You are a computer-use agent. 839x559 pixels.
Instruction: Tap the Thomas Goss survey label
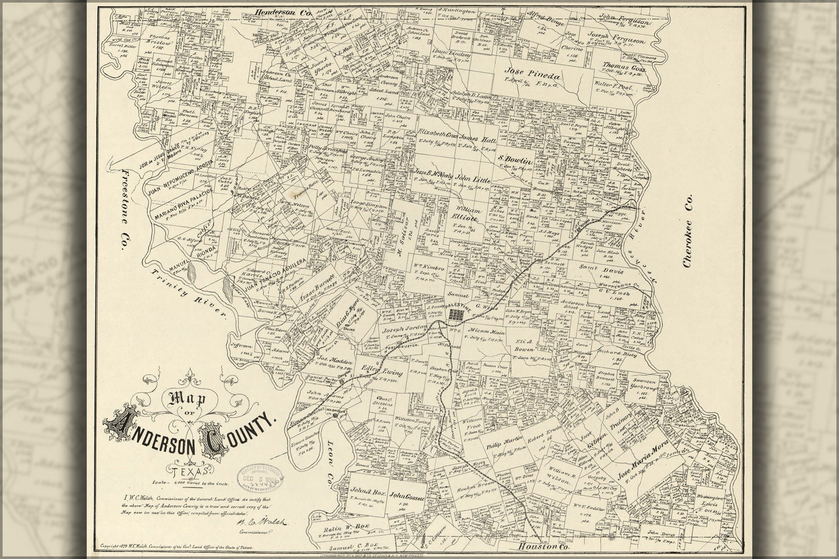pyautogui.click(x=624, y=67)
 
